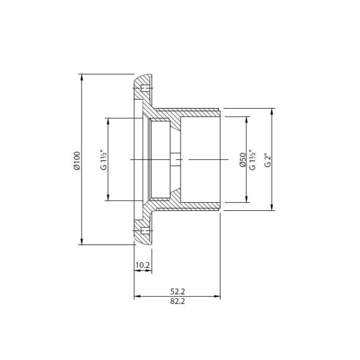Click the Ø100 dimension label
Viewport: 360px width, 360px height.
pyautogui.click(x=77, y=160)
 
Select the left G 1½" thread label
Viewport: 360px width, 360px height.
pyautogui.click(x=104, y=159)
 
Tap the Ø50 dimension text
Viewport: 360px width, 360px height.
pyautogui.click(x=243, y=160)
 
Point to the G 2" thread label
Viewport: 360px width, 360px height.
pyautogui.click(x=268, y=160)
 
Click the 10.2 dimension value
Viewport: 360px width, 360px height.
pyautogui.click(x=143, y=265)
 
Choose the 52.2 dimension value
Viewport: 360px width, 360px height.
pyautogui.click(x=177, y=291)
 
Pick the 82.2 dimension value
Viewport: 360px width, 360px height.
pyautogui.click(x=177, y=301)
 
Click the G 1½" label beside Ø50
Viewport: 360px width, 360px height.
pyautogui.click(x=252, y=160)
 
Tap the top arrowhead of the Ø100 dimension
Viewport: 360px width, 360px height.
pyautogui.click(x=81, y=78)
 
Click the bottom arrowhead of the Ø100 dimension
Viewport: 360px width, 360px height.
pyautogui.click(x=81, y=241)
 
